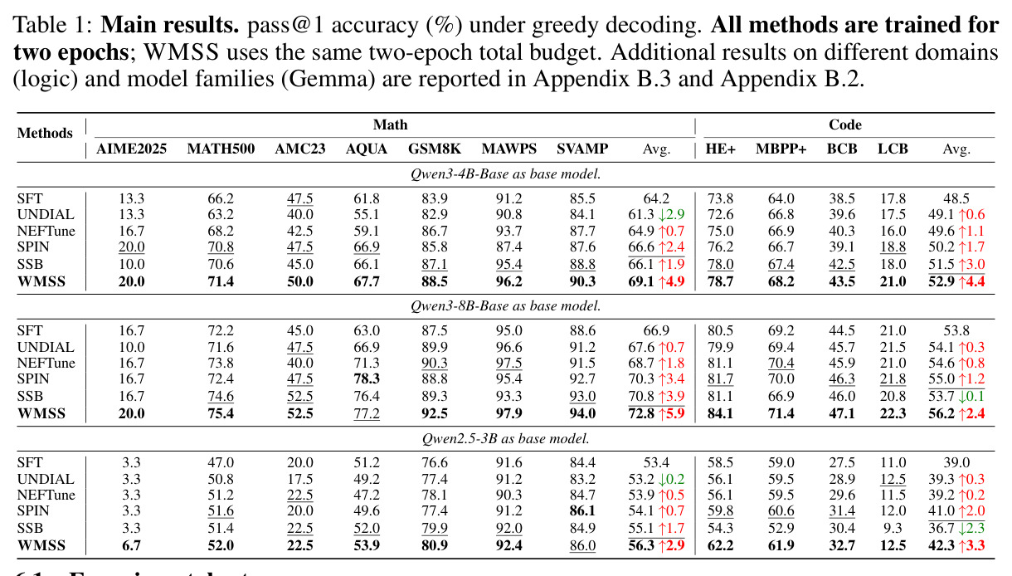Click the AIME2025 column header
131,149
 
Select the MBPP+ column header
781,149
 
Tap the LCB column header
893,149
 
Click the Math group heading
391,124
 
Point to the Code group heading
844,124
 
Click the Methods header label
45,133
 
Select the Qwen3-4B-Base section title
505,174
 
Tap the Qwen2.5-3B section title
505,438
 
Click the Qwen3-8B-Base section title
505,306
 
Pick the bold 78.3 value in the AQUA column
367,378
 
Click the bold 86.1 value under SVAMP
582,511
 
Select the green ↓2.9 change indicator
672,214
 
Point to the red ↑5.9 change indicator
672,413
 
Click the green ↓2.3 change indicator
971,528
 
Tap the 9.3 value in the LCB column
893,528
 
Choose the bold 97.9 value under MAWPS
508,413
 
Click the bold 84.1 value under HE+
720,413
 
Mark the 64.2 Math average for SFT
656,198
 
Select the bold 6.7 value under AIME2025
131,545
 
